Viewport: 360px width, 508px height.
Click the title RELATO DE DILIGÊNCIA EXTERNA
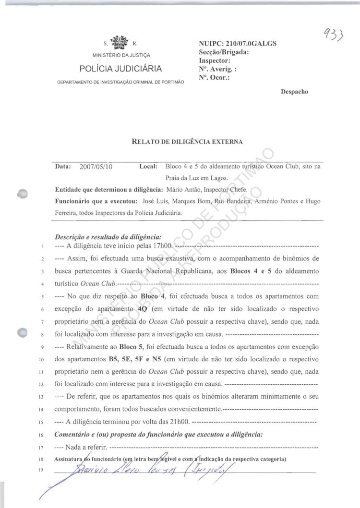click(187, 141)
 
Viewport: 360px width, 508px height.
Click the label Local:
click(148, 167)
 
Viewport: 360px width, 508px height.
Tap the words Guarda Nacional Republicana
click(173, 272)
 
